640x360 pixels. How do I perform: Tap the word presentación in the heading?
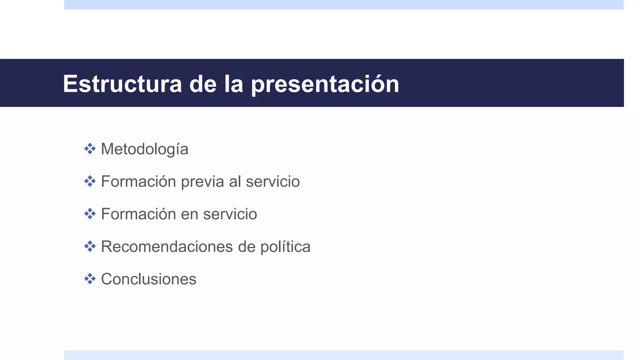click(x=325, y=84)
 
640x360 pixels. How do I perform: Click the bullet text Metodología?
click(x=144, y=149)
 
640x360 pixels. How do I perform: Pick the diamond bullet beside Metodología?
click(x=90, y=149)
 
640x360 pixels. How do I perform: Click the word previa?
click(x=202, y=182)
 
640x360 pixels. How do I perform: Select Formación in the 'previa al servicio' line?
click(x=138, y=182)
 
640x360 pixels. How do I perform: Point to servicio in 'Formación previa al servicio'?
click(x=272, y=182)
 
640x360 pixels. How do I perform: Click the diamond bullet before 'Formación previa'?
click(x=90, y=181)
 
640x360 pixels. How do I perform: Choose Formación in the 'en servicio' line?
click(x=138, y=214)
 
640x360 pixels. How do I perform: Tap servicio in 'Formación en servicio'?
click(x=230, y=214)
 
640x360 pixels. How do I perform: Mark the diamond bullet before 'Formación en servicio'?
click(x=90, y=214)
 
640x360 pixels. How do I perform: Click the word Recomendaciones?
click(x=167, y=247)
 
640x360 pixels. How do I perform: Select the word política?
click(x=285, y=247)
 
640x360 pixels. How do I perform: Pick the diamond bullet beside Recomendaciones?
click(x=90, y=246)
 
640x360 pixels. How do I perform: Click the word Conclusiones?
click(x=148, y=279)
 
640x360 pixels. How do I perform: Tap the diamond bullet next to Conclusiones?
click(x=90, y=279)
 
